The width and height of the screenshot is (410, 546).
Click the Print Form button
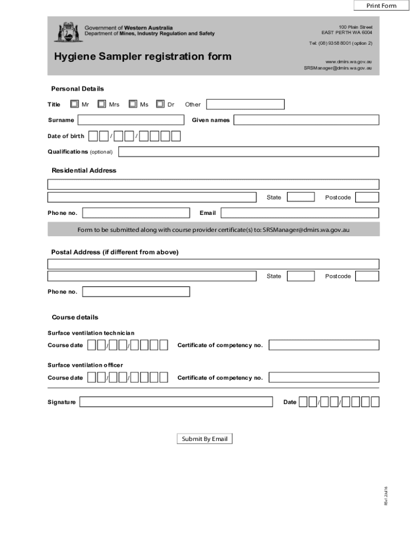[381, 6]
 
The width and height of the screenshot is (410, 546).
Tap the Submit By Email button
[204, 439]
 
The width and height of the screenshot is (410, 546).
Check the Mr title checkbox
[75, 104]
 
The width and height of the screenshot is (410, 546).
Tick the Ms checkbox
[133, 104]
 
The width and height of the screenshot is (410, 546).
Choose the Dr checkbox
[160, 104]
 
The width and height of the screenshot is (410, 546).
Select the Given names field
[306, 120]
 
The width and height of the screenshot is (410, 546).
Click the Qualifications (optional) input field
[248, 152]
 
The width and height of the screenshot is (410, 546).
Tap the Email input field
[300, 213]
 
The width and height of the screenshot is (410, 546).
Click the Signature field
[176, 402]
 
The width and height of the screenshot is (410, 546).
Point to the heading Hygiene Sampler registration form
[143, 57]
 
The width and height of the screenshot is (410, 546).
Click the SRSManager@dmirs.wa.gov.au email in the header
[338, 68]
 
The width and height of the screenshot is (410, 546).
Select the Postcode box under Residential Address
[367, 197]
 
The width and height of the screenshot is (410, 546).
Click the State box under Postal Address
[301, 276]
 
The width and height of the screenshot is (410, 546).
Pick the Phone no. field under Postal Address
[136, 292]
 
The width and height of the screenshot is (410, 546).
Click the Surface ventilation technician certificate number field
[324, 346]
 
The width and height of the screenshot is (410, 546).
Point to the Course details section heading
[75, 317]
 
